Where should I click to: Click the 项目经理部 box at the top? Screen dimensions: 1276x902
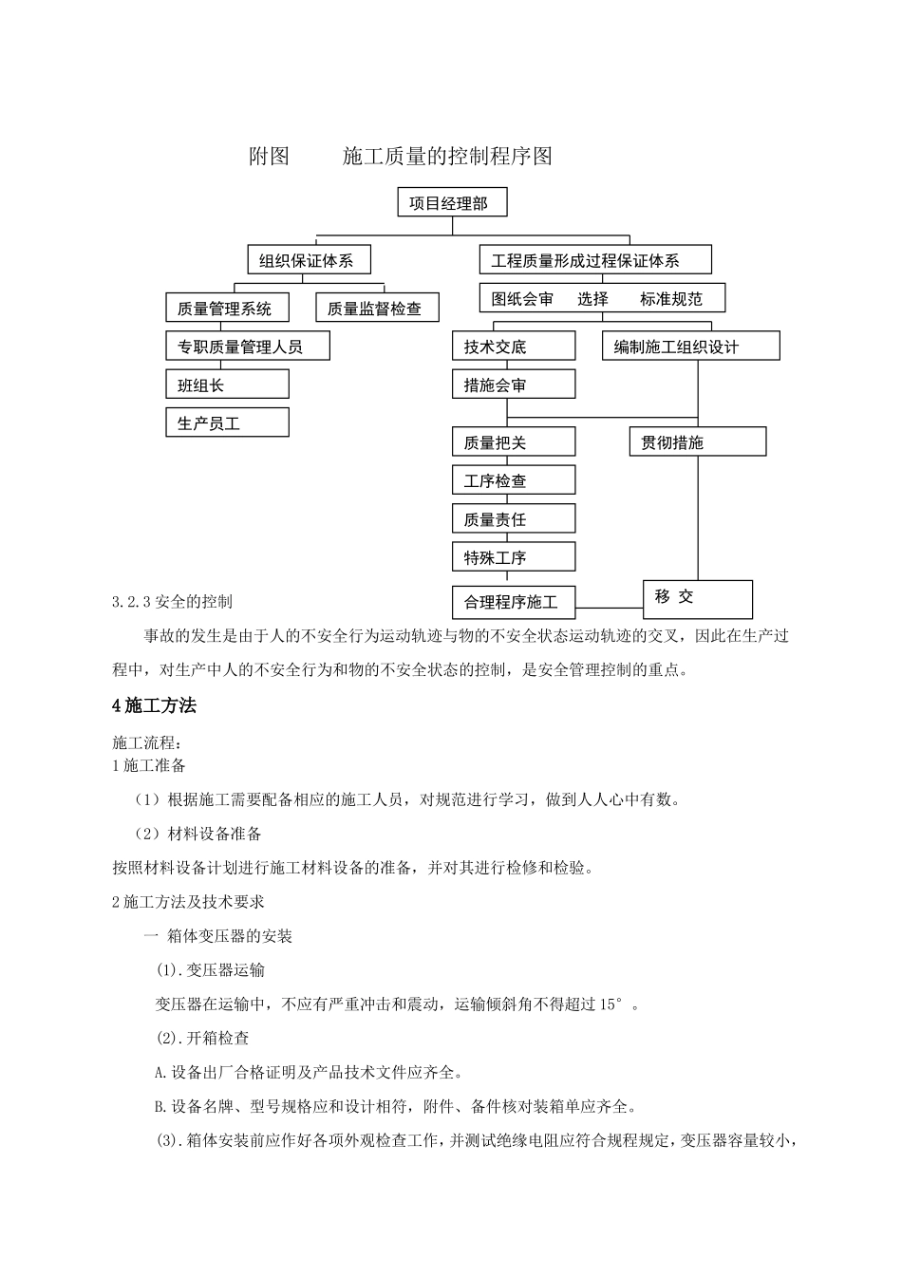(452, 203)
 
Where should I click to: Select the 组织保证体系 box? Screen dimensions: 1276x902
(308, 260)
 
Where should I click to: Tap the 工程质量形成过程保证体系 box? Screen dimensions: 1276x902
(595, 260)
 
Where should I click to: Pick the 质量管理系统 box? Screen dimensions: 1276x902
(229, 309)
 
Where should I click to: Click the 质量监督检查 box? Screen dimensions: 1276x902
(377, 309)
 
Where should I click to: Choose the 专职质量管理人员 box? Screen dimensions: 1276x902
(248, 347)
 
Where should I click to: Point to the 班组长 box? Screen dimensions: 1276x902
(227, 385)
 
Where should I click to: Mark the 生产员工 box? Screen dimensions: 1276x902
(227, 423)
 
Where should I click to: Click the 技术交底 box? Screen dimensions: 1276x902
(513, 347)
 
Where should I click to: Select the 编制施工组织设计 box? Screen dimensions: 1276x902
(690, 347)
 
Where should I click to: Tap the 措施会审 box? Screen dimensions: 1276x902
(513, 385)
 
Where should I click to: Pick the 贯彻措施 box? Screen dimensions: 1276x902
(697, 442)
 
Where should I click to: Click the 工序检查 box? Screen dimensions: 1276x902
(513, 480)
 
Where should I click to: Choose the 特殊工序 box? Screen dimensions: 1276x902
(513, 557)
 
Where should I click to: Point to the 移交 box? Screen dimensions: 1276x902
(697, 598)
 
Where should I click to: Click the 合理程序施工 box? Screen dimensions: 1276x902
(513, 602)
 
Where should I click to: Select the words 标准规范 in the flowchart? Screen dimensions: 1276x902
(671, 299)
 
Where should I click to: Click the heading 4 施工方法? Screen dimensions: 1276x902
(155, 706)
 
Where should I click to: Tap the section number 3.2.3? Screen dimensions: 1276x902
(132, 602)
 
